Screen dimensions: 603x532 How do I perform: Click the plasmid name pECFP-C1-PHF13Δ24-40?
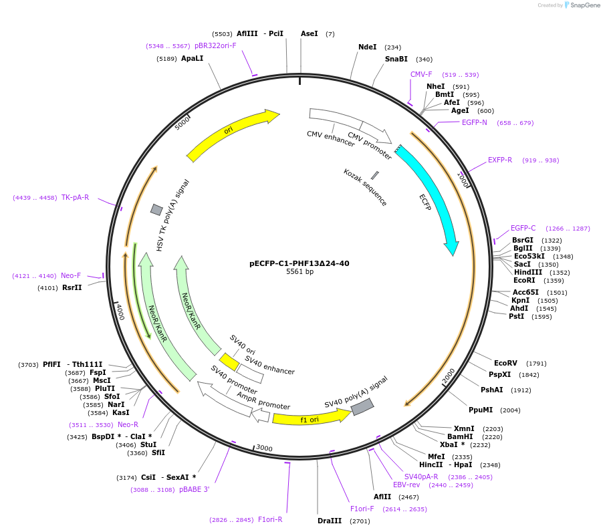[299, 263]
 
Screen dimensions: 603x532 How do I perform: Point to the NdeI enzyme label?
[367, 47]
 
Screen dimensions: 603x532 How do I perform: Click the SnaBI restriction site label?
[396, 59]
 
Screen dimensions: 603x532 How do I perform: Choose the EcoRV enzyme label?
[505, 363]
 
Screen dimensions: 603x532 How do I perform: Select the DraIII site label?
[330, 521]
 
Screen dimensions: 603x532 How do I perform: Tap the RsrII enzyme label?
[72, 287]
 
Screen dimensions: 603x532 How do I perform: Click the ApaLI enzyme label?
[192, 59]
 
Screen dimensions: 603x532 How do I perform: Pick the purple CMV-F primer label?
[421, 74]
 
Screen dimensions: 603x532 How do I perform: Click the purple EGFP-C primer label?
[523, 228]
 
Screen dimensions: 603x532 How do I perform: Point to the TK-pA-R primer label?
[75, 197]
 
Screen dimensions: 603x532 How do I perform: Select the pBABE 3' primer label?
[194, 489]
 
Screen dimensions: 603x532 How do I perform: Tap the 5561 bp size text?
[299, 272]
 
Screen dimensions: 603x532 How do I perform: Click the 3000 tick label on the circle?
[265, 448]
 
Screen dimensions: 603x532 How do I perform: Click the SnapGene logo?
[579, 5]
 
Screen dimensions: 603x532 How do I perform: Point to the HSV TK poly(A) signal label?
[173, 215]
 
